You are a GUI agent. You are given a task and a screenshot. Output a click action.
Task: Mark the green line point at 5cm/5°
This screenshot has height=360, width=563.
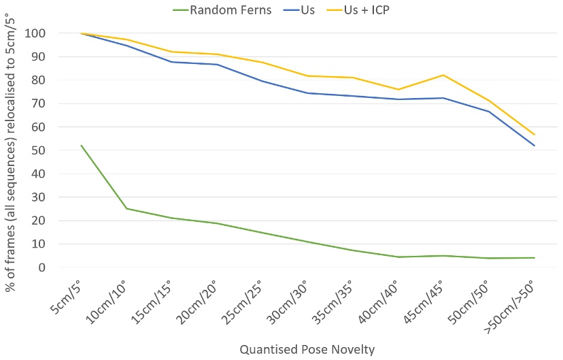click(81, 145)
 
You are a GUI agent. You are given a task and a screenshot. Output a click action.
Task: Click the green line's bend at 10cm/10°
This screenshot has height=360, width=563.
click(126, 208)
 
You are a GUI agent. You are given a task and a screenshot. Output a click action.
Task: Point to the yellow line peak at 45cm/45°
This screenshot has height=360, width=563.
click(443, 75)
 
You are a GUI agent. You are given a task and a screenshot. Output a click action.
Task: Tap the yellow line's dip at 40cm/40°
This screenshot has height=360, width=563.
click(398, 89)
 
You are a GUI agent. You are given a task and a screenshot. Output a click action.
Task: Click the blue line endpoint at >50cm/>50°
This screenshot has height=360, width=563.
click(534, 146)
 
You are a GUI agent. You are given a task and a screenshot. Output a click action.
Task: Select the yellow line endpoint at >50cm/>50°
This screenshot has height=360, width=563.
click(534, 134)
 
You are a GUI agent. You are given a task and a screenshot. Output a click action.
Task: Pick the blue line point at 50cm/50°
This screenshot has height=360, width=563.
click(489, 112)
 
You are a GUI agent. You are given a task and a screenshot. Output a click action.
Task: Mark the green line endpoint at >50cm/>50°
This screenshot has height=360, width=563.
click(534, 258)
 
